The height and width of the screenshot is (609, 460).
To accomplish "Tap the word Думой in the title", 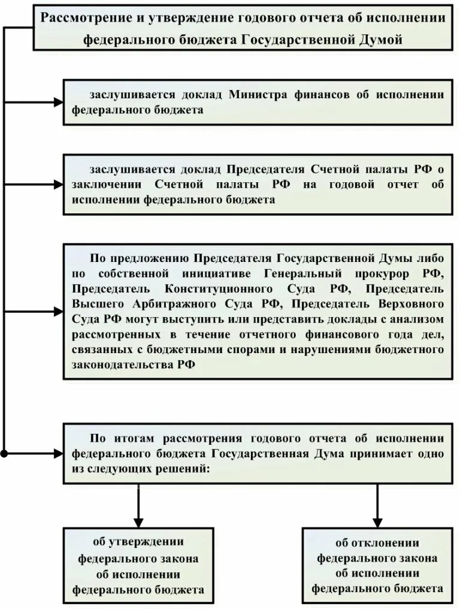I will tap(377, 39).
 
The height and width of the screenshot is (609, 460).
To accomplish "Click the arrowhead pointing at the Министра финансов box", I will tap(58, 102).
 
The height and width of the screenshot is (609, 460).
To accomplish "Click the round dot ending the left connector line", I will tap(5, 454).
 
